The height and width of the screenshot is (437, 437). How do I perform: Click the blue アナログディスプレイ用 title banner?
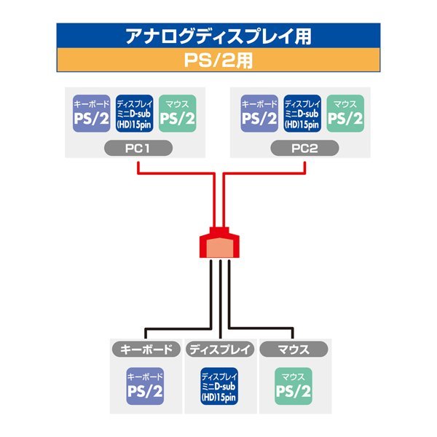[x=219, y=36]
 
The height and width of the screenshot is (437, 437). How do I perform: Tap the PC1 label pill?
[x=138, y=149]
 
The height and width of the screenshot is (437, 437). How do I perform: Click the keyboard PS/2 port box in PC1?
[x=91, y=113]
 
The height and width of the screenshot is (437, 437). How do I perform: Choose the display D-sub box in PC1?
[x=134, y=113]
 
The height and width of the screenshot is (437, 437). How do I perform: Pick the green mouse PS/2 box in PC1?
[x=177, y=113]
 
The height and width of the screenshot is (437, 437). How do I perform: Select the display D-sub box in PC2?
[x=302, y=113]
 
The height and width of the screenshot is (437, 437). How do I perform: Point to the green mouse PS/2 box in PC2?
[x=345, y=113]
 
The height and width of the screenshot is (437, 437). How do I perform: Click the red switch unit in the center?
[x=219, y=245]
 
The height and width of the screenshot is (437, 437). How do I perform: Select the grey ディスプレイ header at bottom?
[x=219, y=349]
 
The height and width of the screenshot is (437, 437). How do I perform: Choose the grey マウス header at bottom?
[x=294, y=349]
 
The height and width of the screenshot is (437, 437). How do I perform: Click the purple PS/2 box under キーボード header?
[x=145, y=387]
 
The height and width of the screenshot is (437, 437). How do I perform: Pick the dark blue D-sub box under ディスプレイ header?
[x=219, y=387]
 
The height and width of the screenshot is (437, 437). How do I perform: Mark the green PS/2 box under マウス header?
[x=294, y=387]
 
